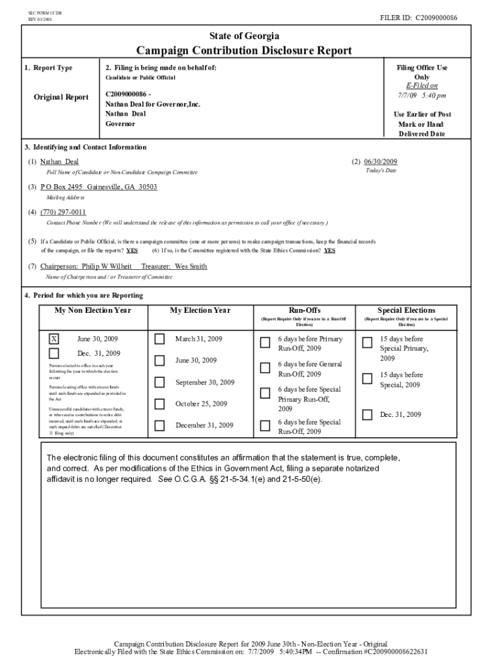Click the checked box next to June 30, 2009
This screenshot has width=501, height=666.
pyautogui.click(x=54, y=339)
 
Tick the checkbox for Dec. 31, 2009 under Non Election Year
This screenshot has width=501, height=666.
pyautogui.click(x=54, y=354)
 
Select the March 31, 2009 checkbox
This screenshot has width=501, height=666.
pyautogui.click(x=160, y=339)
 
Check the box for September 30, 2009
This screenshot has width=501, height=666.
pyautogui.click(x=160, y=382)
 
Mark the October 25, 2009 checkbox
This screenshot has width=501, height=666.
pyautogui.click(x=160, y=404)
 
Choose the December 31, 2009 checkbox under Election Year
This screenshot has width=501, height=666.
pyautogui.click(x=160, y=425)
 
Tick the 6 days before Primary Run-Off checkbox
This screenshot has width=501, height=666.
pyautogui.click(x=265, y=343)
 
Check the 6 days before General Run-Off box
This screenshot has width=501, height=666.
pyautogui.click(x=265, y=368)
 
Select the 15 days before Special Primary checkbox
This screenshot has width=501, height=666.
pyautogui.click(x=368, y=343)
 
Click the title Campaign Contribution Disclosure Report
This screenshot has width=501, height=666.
pyautogui.click(x=244, y=51)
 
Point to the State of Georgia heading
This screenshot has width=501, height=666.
pyautogui.click(x=244, y=35)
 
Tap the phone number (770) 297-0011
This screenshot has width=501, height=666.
pyautogui.click(x=63, y=212)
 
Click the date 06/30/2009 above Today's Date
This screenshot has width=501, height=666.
pyautogui.click(x=381, y=161)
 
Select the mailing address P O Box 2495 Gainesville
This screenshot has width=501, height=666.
pyautogui.click(x=99, y=187)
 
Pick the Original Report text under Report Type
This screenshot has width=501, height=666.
pyautogui.click(x=61, y=98)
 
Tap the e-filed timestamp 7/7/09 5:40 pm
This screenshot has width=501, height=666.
pyautogui.click(x=422, y=96)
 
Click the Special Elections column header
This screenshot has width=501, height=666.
pyautogui.click(x=406, y=310)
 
